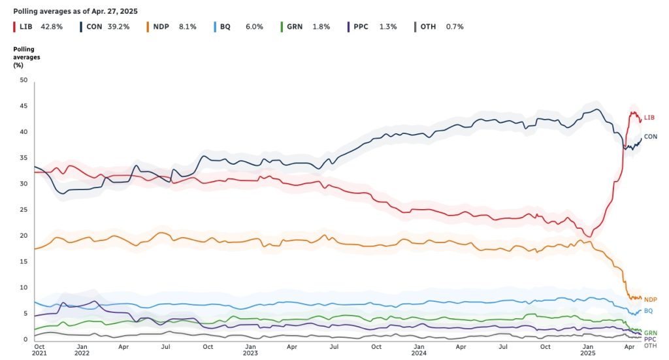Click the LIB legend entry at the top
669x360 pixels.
coord(26,27)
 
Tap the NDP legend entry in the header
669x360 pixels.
coord(161,27)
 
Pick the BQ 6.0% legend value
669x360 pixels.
coord(254,27)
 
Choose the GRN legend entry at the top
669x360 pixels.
coord(295,27)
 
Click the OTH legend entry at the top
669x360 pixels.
coord(429,27)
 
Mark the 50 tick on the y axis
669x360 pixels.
coord(24,80)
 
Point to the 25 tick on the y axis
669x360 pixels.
coord(24,210)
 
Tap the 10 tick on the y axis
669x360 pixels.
coord(24,287)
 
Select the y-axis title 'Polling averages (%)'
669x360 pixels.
coord(27,57)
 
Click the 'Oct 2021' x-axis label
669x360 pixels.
coord(39,350)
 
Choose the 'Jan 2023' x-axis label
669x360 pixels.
coord(250,350)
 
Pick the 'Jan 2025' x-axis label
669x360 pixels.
coord(588,350)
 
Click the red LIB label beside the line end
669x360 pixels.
coord(649,118)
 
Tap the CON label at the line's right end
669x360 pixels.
coord(651,137)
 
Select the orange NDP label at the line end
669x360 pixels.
coord(651,299)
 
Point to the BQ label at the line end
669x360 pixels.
coord(648,311)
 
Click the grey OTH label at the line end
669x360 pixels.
coord(650,346)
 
